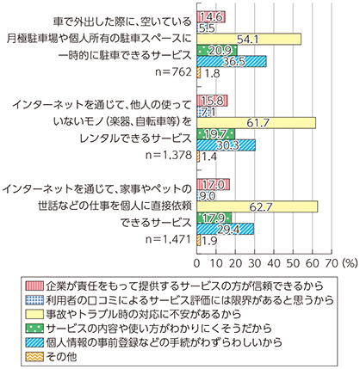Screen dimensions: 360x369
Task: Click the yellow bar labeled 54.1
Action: [x=249, y=40]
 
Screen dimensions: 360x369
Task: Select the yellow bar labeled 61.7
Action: [x=257, y=123]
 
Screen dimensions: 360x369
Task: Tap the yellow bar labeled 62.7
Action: [x=258, y=206]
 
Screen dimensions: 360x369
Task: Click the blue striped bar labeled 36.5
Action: [x=232, y=62]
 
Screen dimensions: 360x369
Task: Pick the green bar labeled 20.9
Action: [x=217, y=51]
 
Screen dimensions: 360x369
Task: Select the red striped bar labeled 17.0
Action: [x=214, y=184]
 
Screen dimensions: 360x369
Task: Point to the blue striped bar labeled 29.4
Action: [x=226, y=229]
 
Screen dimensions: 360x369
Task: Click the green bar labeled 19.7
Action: [x=216, y=134]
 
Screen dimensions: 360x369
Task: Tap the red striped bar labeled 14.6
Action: [x=211, y=17]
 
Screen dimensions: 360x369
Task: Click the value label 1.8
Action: [x=213, y=73]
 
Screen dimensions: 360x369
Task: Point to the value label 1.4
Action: [x=209, y=157]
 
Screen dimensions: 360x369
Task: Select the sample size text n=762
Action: [x=173, y=72]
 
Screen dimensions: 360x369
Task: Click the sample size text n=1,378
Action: [x=169, y=156]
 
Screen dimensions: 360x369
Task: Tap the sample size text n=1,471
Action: [x=169, y=239]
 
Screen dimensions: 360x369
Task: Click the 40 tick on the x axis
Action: [x=274, y=263]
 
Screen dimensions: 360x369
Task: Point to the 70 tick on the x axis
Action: [x=332, y=263]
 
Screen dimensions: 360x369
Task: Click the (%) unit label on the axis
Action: [x=350, y=263]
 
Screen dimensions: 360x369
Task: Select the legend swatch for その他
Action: [x=34, y=357]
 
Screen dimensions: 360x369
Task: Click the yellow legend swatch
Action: [x=34, y=315]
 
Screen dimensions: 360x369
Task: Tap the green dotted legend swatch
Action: [x=34, y=329]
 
